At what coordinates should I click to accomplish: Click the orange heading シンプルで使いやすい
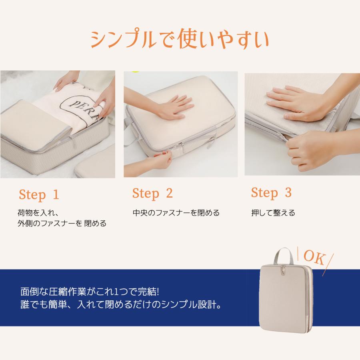(180, 38)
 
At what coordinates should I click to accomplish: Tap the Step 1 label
(39, 195)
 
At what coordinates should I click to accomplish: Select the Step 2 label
(152, 193)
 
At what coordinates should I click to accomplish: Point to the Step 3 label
(271, 192)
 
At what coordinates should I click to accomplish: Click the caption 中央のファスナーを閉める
(176, 213)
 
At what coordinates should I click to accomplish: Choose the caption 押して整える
(273, 213)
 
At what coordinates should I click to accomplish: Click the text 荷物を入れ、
(38, 213)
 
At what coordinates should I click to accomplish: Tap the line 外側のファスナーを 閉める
(62, 223)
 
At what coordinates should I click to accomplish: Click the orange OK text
(314, 257)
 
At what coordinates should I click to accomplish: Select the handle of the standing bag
(283, 256)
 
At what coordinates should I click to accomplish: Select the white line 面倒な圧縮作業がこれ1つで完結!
(90, 292)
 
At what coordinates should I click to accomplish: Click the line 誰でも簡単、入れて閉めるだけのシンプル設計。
(121, 304)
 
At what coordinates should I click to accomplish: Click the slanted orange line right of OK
(328, 264)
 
